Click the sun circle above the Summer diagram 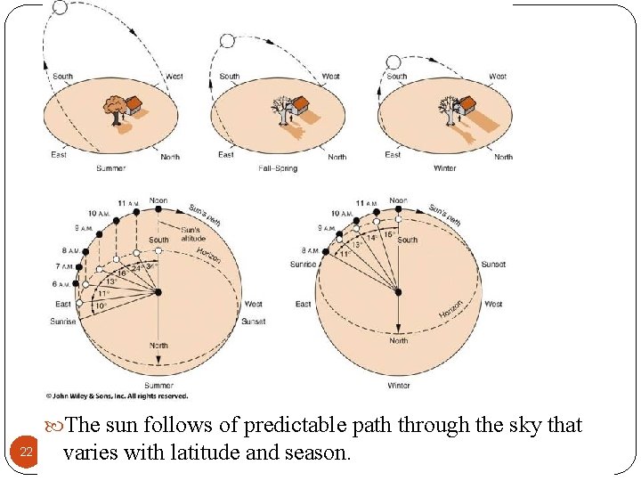61,7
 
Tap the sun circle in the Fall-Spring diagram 226,41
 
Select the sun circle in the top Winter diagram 393,61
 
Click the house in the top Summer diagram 134,106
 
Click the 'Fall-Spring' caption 278,167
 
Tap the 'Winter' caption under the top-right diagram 444,167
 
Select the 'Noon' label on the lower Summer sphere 158,200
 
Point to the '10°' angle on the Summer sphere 100,306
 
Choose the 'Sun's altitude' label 192,233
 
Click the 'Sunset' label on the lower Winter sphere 493,265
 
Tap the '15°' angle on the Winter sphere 390,233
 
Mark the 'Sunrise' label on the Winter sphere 303,264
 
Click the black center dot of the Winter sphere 398,291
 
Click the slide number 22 26,452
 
